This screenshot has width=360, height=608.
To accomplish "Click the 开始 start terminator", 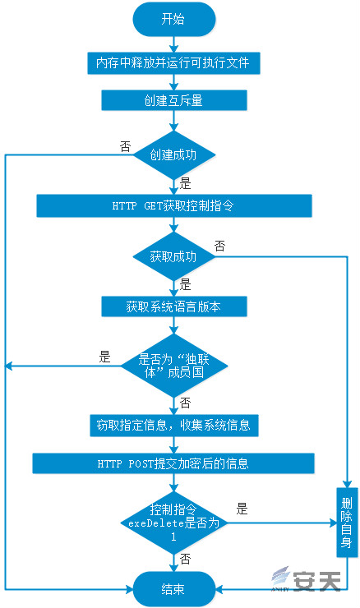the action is point(173,20).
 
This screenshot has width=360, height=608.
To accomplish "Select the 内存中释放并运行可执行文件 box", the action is point(173,62).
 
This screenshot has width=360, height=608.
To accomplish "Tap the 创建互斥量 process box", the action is point(174,100).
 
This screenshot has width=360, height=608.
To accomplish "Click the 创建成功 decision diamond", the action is point(174,155).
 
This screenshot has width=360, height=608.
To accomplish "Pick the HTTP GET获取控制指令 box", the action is point(174,205).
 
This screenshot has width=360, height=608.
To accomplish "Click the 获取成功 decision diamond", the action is point(174,256).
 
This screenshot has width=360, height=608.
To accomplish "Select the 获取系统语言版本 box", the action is point(174,306).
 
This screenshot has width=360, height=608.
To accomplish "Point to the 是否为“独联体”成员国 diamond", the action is point(174,366).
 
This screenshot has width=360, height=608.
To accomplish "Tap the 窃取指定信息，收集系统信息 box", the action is point(174,426).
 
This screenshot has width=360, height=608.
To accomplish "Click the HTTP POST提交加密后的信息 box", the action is point(173,463).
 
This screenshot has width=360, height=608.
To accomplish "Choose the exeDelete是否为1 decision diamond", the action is point(174,523).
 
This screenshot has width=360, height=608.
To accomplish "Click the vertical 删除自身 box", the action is point(347,523).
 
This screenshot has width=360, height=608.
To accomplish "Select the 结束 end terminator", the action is point(173,589).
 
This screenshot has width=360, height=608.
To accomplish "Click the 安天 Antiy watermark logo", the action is point(307,580).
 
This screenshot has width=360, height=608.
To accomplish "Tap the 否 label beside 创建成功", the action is point(125,147).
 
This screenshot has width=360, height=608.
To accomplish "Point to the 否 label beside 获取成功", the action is point(220,246).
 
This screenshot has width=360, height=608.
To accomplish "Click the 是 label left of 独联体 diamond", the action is point(105,357).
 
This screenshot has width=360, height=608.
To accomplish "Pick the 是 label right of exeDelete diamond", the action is point(242,509).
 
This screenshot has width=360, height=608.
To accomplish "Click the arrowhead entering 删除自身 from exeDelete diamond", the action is point(333,523).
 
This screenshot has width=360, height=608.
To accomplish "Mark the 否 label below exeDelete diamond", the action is point(186,560).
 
